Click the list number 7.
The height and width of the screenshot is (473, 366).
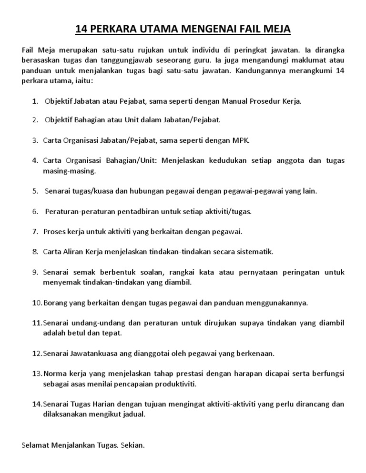coord(35,231)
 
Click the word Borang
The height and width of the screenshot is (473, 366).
coord(55,302)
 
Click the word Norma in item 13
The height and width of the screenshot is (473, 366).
coord(54,374)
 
